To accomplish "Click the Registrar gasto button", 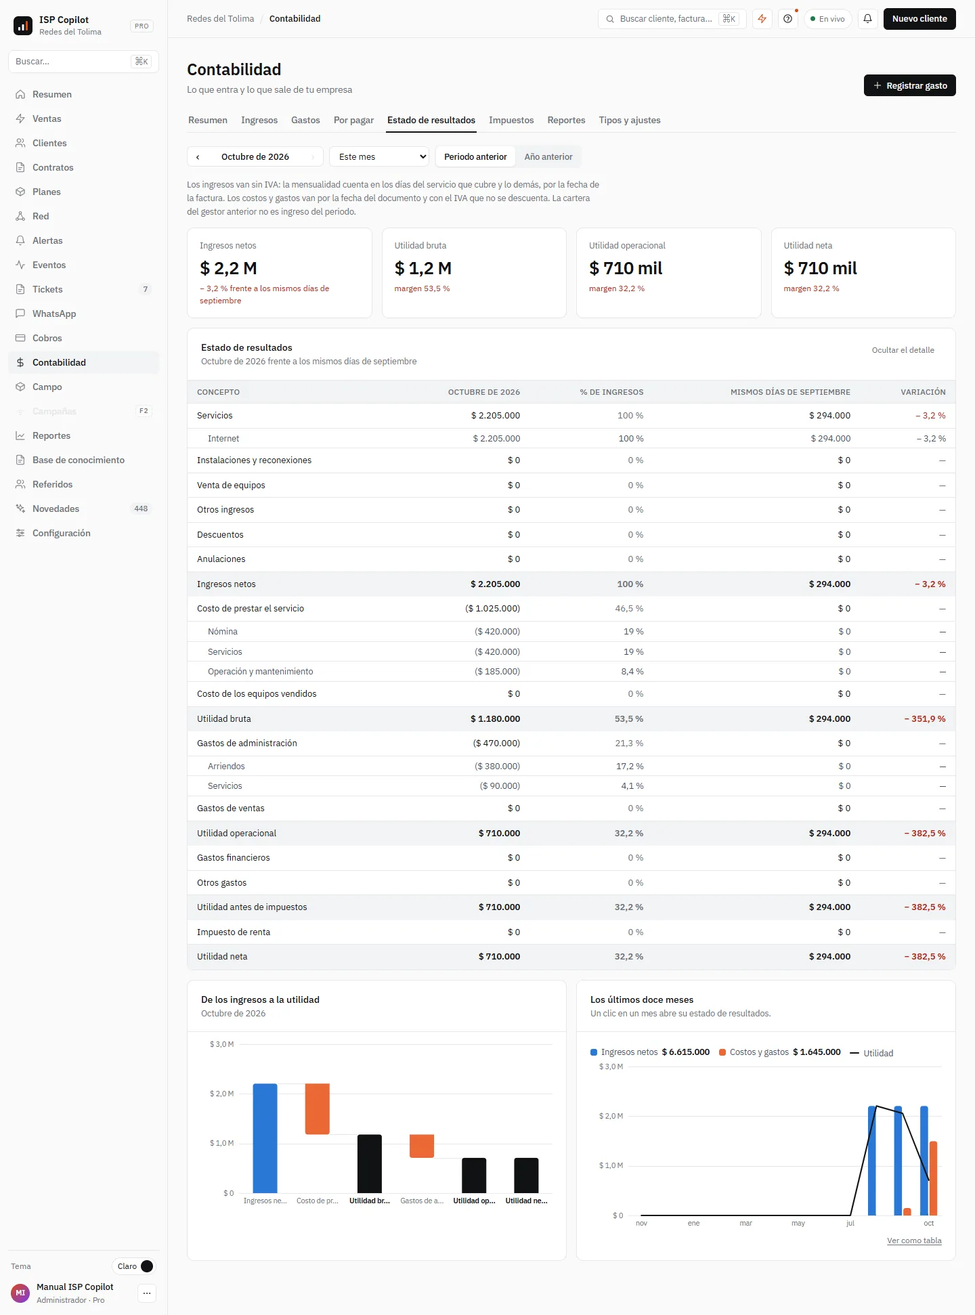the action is click(x=909, y=85).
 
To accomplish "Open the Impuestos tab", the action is click(x=511, y=120).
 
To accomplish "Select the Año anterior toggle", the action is click(x=548, y=156).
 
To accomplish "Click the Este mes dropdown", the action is click(x=379, y=156).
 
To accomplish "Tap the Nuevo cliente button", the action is click(x=919, y=19).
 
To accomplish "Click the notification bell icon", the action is click(x=867, y=19).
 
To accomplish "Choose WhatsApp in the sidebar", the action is click(x=54, y=314).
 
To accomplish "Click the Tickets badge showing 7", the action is click(x=145, y=289).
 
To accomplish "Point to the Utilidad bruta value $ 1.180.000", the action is click(x=495, y=718).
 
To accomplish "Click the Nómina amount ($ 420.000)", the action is click(x=497, y=631).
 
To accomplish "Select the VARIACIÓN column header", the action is click(x=923, y=392).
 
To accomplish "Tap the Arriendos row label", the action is click(x=226, y=766).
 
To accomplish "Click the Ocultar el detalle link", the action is click(x=903, y=350).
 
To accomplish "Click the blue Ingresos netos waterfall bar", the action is click(x=265, y=1138).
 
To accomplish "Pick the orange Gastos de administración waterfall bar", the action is click(x=422, y=1146).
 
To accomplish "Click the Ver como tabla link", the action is click(x=914, y=1241).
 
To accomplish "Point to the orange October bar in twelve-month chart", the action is click(x=933, y=1178).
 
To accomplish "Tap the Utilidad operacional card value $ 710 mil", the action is click(x=626, y=268).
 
